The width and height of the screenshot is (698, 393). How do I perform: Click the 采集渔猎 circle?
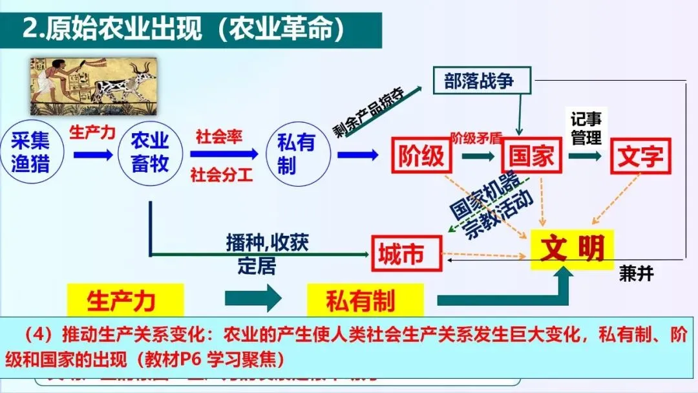tap(30, 152)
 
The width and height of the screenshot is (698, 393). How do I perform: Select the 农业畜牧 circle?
tap(150, 152)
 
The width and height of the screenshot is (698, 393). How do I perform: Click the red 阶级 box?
tap(421, 156)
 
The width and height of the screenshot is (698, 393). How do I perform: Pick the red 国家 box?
tap(530, 156)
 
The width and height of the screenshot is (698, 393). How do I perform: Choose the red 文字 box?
tap(640, 156)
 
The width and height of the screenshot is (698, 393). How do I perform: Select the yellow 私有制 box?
tap(360, 300)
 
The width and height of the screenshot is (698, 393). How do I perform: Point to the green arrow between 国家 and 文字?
tap(586, 155)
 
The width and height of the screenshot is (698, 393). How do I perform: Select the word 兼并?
tap(636, 274)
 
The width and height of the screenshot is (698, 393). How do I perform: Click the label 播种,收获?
tap(267, 242)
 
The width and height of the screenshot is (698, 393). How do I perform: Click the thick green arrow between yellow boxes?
tap(253, 299)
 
